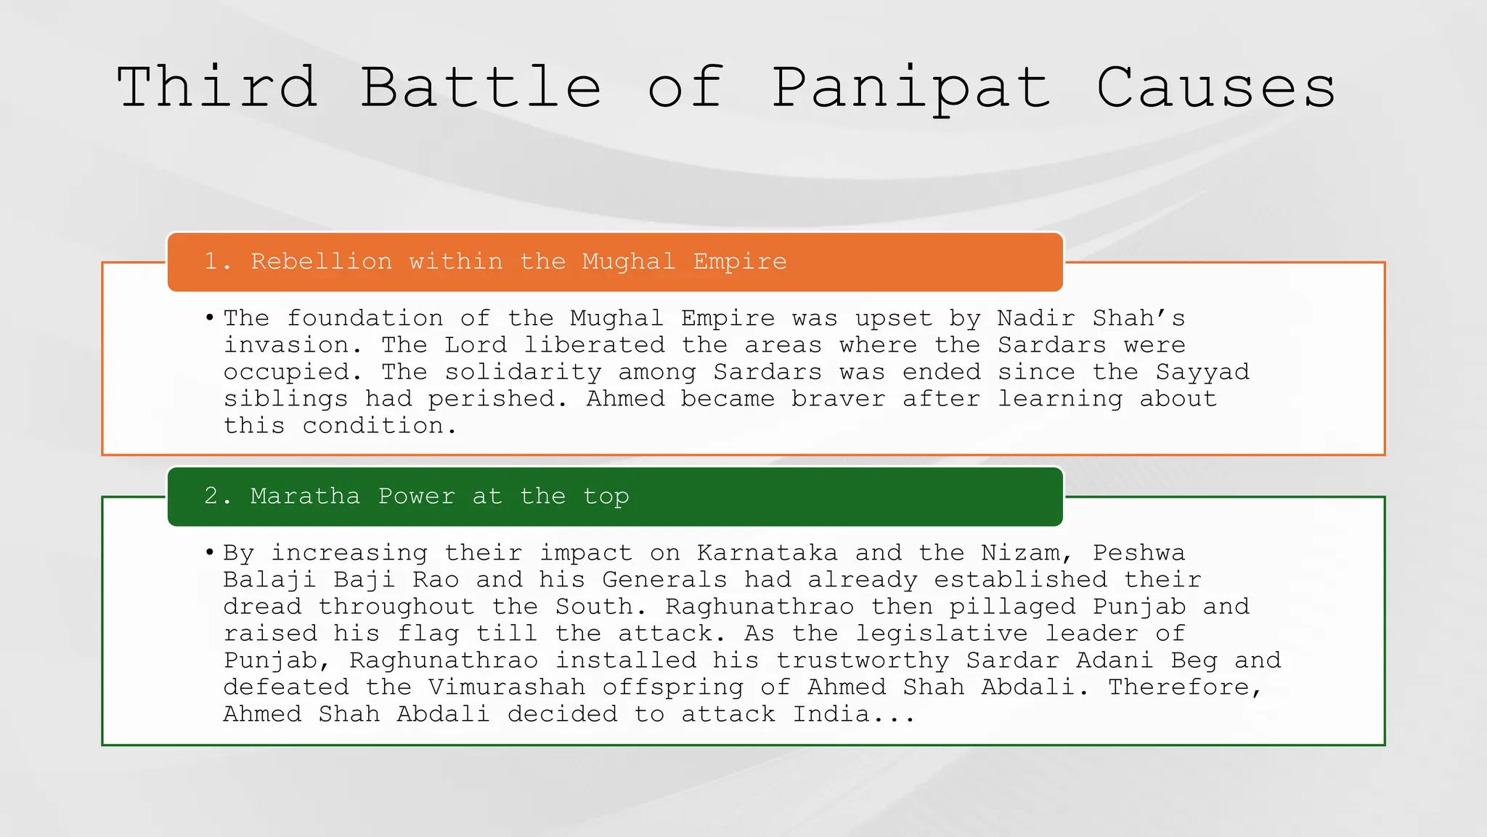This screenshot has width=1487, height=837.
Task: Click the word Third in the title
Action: [217, 87]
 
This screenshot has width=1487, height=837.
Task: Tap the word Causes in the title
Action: [1215, 87]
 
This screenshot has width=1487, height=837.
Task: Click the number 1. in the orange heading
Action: [218, 262]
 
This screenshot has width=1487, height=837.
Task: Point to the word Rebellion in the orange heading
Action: [321, 262]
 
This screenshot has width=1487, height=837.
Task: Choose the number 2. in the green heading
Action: [218, 496]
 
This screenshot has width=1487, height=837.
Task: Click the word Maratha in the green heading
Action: [305, 496]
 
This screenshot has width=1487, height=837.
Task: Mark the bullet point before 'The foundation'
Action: [209, 318]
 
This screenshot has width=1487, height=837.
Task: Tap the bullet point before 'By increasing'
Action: [209, 553]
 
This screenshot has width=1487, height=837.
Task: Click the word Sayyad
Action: [1202, 372]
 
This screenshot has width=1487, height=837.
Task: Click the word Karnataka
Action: [767, 553]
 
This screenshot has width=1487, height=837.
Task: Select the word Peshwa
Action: [1138, 553]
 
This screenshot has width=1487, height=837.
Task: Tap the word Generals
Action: [664, 580]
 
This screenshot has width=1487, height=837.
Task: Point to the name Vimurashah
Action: [507, 687]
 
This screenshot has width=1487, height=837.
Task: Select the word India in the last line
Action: [831, 714]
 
